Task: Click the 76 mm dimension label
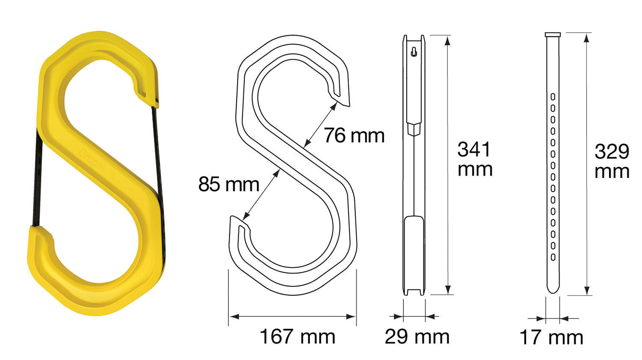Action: coord(354,135)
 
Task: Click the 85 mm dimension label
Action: coord(228,184)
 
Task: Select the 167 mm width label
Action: coord(297,336)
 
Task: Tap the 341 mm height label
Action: coord(474,160)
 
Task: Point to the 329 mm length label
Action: coord(612,161)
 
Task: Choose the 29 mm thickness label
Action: coord(417,337)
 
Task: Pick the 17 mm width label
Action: coord(551,338)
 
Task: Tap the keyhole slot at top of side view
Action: coord(414,52)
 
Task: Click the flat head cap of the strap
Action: coord(553,35)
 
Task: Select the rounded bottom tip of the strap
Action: coord(553,290)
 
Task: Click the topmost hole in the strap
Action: coord(553,96)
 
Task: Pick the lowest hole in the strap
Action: coord(553,257)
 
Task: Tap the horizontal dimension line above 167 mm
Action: coord(292,316)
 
